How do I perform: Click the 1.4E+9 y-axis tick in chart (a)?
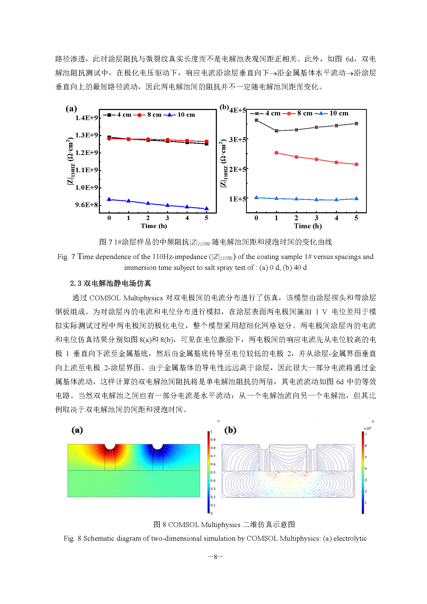pyautogui.click(x=86, y=117)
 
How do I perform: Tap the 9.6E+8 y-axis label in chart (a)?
pyautogui.click(x=86, y=205)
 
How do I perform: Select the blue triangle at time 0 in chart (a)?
pyautogui.click(x=109, y=199)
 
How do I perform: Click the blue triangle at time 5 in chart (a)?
pyautogui.click(x=207, y=208)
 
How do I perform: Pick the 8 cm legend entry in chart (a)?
pyautogui.click(x=147, y=115)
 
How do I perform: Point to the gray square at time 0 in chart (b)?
pyautogui.click(x=257, y=120)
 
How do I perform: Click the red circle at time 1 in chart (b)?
pyautogui.click(x=276, y=153)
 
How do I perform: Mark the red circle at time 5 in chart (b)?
pyautogui.click(x=357, y=164)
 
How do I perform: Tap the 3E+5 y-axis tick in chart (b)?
pyautogui.click(x=238, y=139)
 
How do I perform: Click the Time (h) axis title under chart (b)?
pyautogui.click(x=308, y=226)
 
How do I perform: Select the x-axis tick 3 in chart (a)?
pyautogui.click(x=168, y=218)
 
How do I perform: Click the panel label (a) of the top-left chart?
pyautogui.click(x=71, y=108)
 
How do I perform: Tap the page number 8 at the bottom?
pyautogui.click(x=216, y=557)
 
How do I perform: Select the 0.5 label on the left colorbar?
pyautogui.click(x=213, y=473)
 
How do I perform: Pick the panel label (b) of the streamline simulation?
pyautogui.click(x=230, y=430)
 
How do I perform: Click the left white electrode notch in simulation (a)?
pyautogui.click(x=110, y=447)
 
